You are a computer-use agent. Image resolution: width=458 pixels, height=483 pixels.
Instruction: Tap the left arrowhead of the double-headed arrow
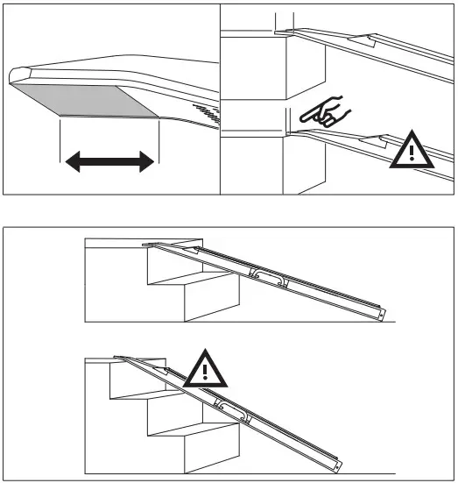point(74,161)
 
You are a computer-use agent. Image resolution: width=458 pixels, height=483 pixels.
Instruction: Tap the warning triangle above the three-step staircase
point(205,370)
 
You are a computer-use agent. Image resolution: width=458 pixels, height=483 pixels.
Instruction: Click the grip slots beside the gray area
point(204,113)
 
